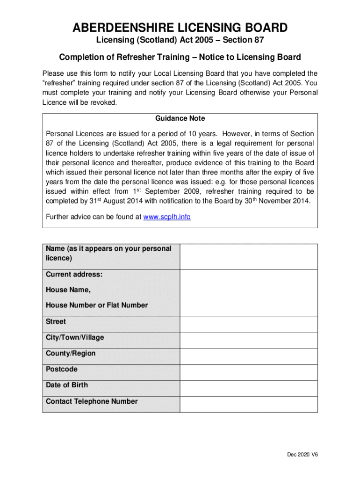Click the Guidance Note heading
[180, 119]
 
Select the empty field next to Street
[248, 325]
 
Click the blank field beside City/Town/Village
[248, 341]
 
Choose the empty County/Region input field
[248, 356]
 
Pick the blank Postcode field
[248, 372]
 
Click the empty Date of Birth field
[248, 388]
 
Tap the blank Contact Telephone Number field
[248, 404]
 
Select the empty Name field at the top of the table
[248, 256]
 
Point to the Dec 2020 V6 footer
[302, 455]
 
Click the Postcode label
[62, 370]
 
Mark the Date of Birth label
[67, 385]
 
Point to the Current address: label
[74, 274]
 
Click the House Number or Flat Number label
[97, 305]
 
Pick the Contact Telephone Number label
[92, 401]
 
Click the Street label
[56, 322]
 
